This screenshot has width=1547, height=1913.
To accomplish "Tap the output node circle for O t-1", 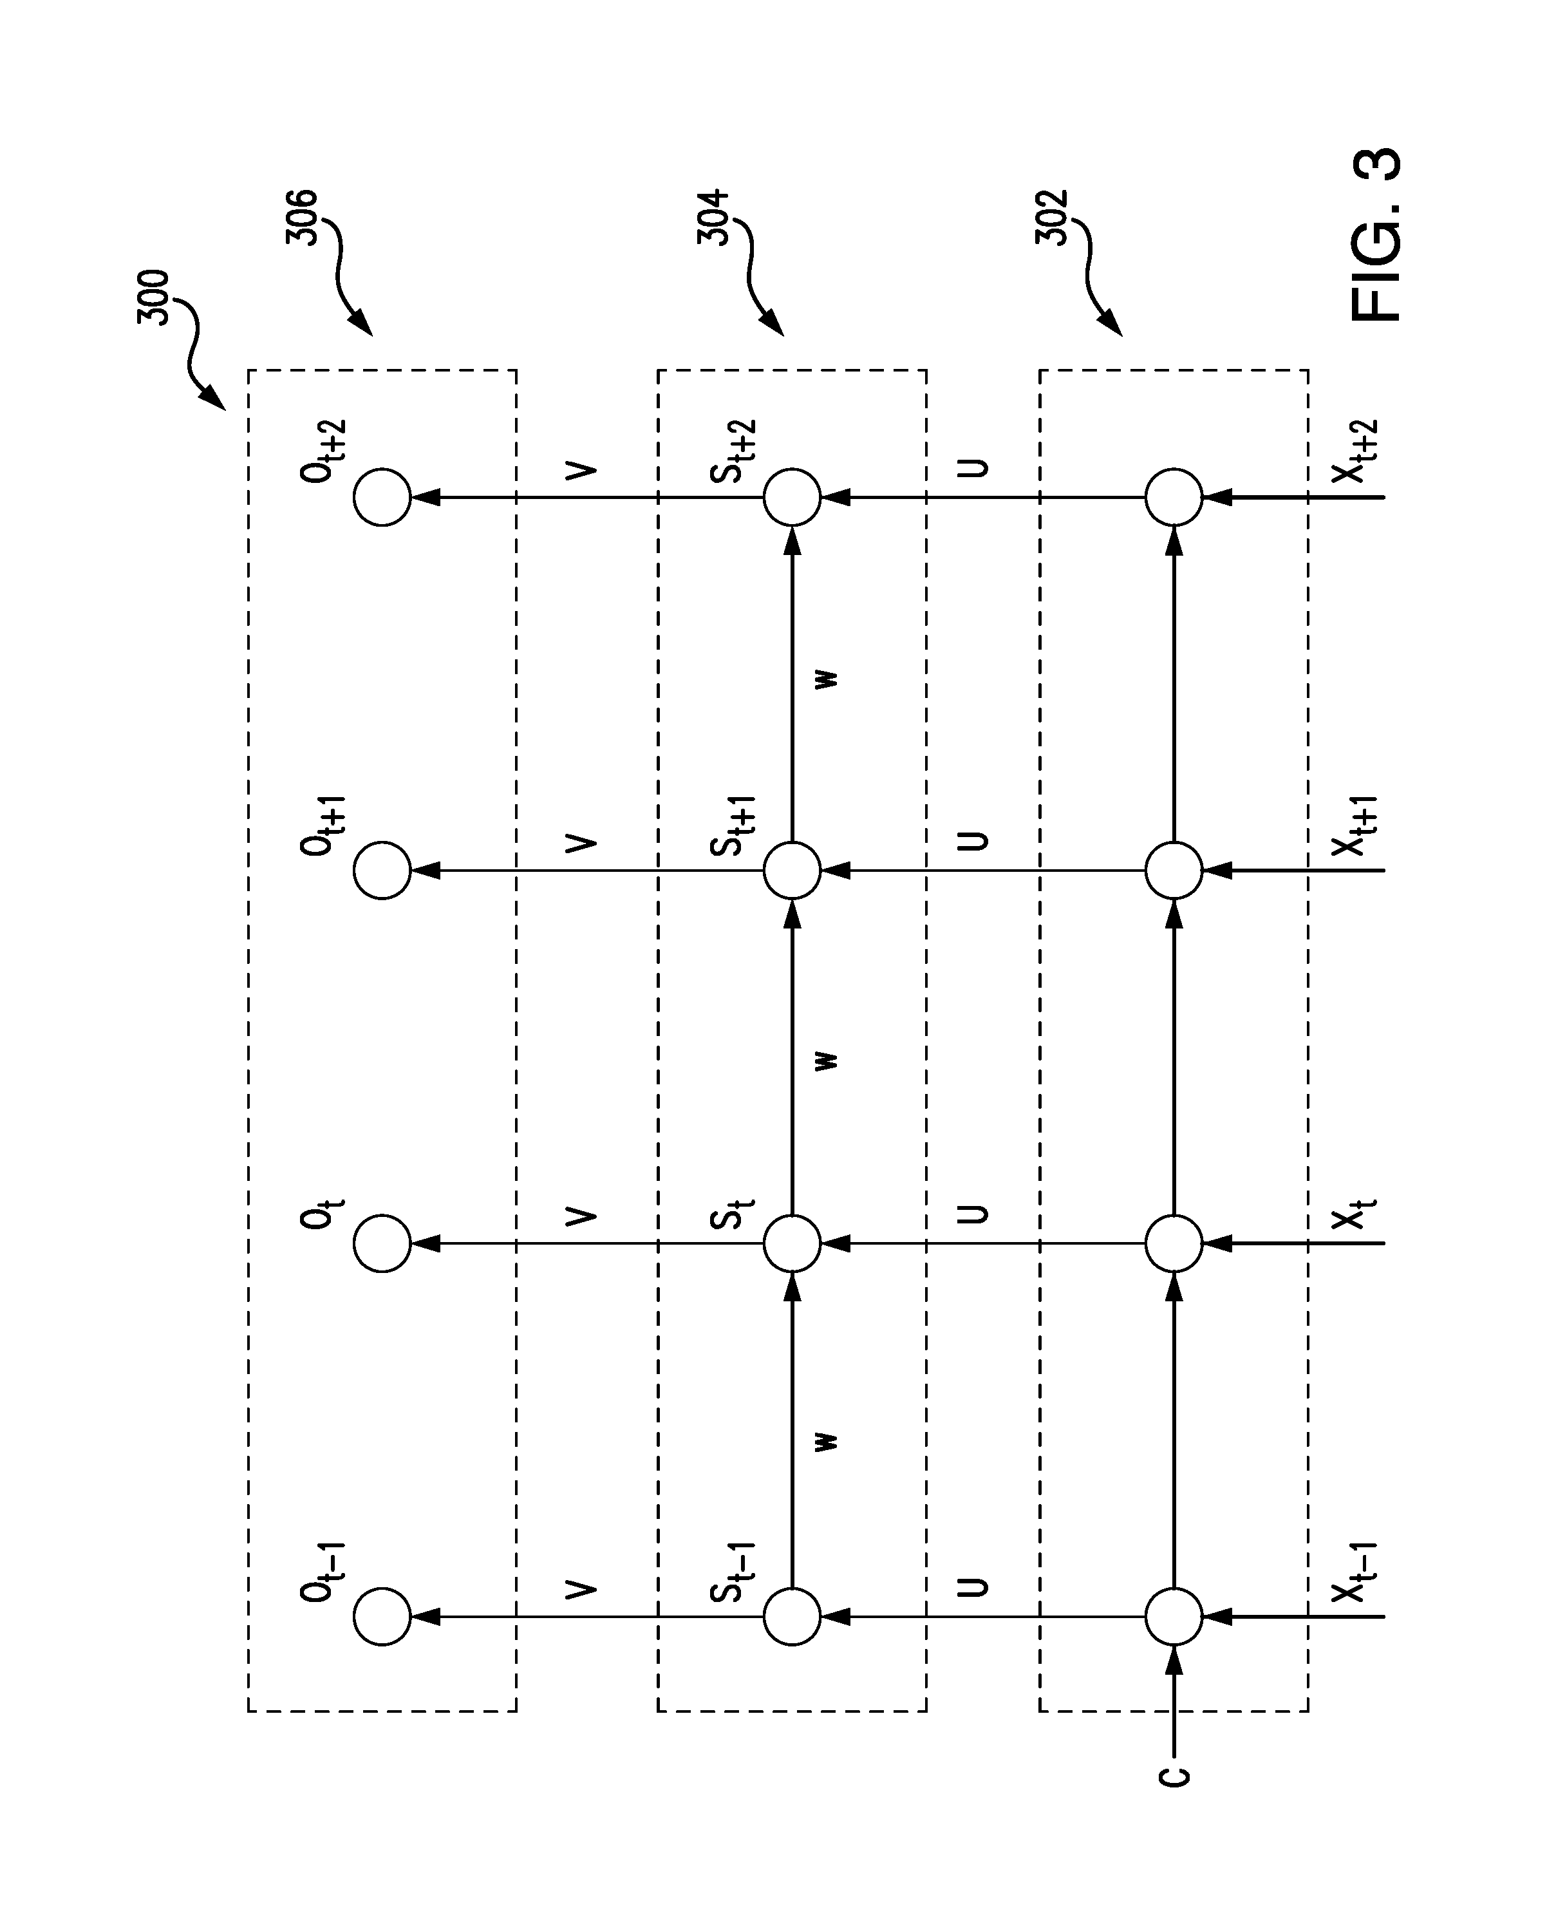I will click(382, 1617).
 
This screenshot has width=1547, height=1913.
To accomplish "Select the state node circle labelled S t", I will click(792, 1243).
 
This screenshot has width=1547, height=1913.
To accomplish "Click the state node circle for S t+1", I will click(792, 870).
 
